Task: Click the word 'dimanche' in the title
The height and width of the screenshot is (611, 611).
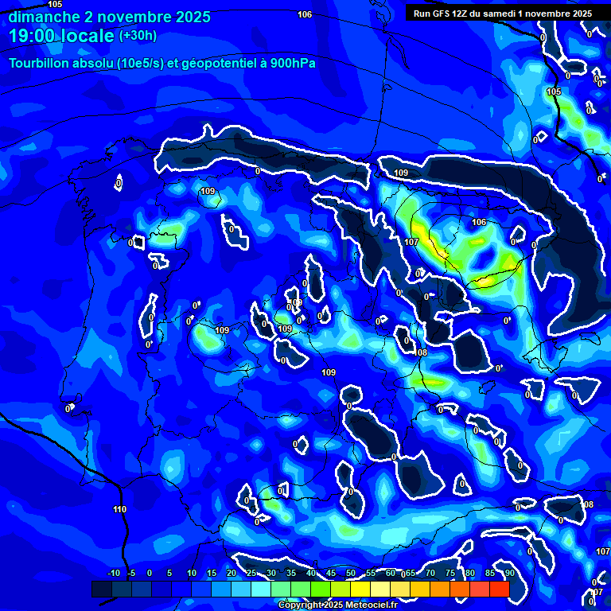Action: tap(41, 17)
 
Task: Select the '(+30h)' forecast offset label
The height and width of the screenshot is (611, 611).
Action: tap(138, 36)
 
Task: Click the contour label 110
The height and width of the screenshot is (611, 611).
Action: tap(119, 509)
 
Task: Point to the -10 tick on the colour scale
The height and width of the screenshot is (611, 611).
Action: tap(113, 573)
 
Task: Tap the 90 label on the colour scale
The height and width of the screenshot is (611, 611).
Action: tap(509, 573)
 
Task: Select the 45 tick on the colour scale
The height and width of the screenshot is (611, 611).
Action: tap(331, 573)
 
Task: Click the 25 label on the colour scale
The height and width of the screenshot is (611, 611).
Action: tap(251, 573)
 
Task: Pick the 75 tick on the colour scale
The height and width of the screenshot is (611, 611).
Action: tap(450, 573)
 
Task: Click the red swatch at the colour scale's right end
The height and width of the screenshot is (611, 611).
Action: tap(499, 589)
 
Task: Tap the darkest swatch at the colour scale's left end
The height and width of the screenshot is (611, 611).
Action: tap(101, 589)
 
